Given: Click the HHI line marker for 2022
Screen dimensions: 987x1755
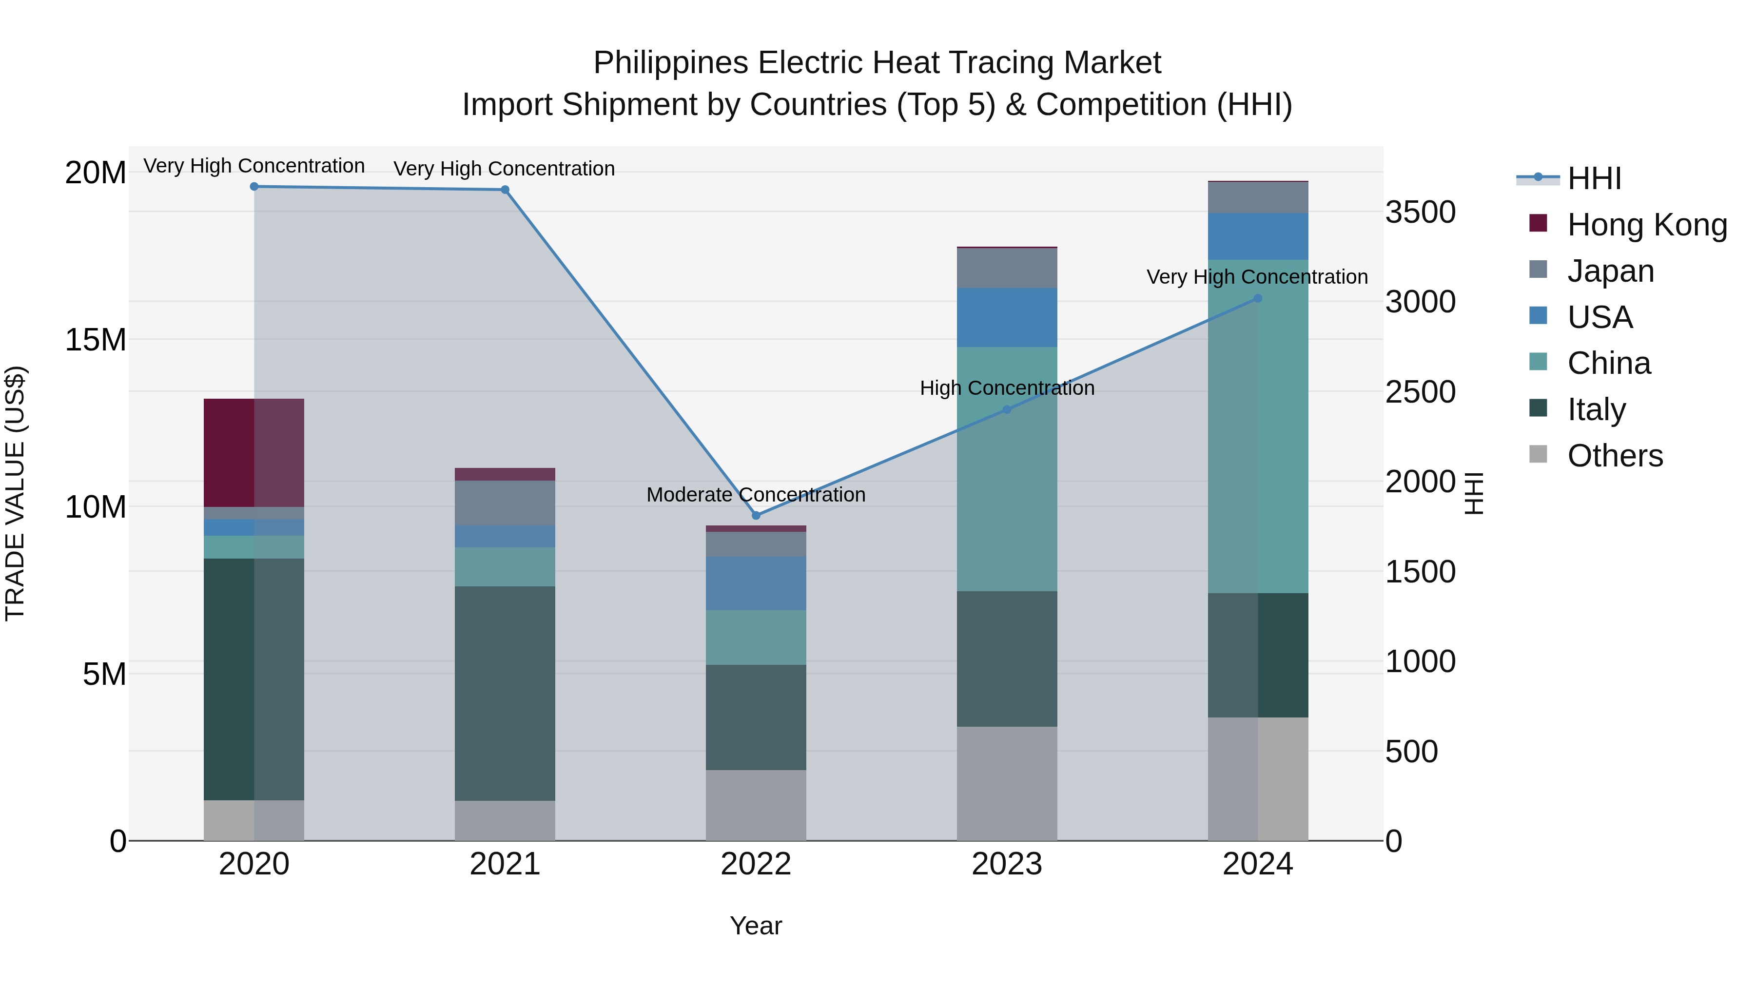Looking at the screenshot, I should click(756, 516).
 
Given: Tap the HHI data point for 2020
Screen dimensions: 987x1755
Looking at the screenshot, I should click(254, 187).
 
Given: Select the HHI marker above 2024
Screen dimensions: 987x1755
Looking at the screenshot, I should click(1258, 298).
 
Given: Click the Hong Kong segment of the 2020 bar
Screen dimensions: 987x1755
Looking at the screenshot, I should click(253, 452).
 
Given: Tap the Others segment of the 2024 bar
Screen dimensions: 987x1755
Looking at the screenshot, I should click(1258, 778).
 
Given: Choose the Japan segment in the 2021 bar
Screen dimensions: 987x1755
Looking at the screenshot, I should click(505, 503).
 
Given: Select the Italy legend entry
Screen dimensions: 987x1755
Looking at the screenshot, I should click(1596, 409).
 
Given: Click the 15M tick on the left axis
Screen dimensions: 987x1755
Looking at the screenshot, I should click(96, 340).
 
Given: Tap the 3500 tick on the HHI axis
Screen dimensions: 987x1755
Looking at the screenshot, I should click(1421, 212).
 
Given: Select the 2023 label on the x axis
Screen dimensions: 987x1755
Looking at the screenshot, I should click(1007, 864).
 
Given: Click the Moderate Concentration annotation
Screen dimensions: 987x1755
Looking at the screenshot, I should click(756, 495).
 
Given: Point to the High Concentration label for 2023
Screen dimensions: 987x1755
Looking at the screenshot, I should click(1007, 388).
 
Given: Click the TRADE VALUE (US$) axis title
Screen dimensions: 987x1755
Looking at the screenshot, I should click(15, 493).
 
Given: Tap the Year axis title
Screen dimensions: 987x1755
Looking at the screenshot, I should click(756, 926).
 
